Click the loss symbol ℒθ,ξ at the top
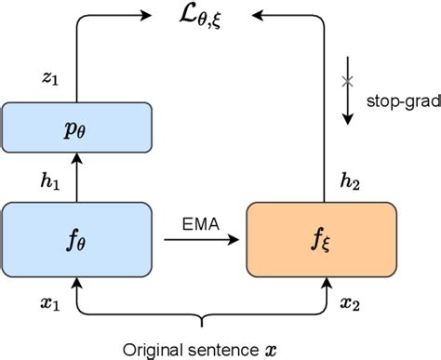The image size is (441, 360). pos(199,16)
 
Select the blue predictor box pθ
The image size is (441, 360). pos(75,127)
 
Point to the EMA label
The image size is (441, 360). pos(199,224)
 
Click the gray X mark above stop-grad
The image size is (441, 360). pos(348,81)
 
